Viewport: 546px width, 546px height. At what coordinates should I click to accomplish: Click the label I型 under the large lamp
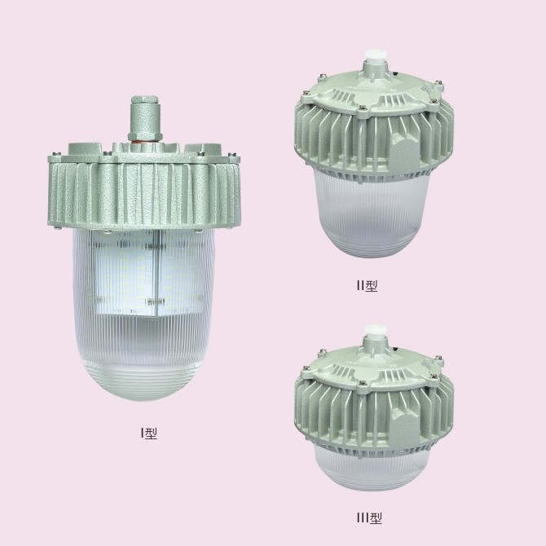[148, 433]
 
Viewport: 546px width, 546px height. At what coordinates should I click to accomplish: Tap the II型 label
[367, 285]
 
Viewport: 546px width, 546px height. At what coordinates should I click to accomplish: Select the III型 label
[369, 518]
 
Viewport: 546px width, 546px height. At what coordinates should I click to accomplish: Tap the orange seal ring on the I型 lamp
[144, 141]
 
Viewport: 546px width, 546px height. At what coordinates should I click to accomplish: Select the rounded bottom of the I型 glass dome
[145, 380]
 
